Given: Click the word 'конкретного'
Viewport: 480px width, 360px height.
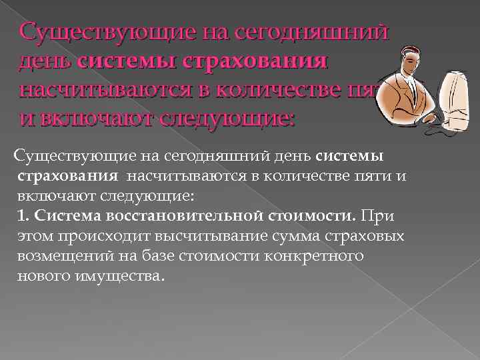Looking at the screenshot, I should [312, 255].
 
